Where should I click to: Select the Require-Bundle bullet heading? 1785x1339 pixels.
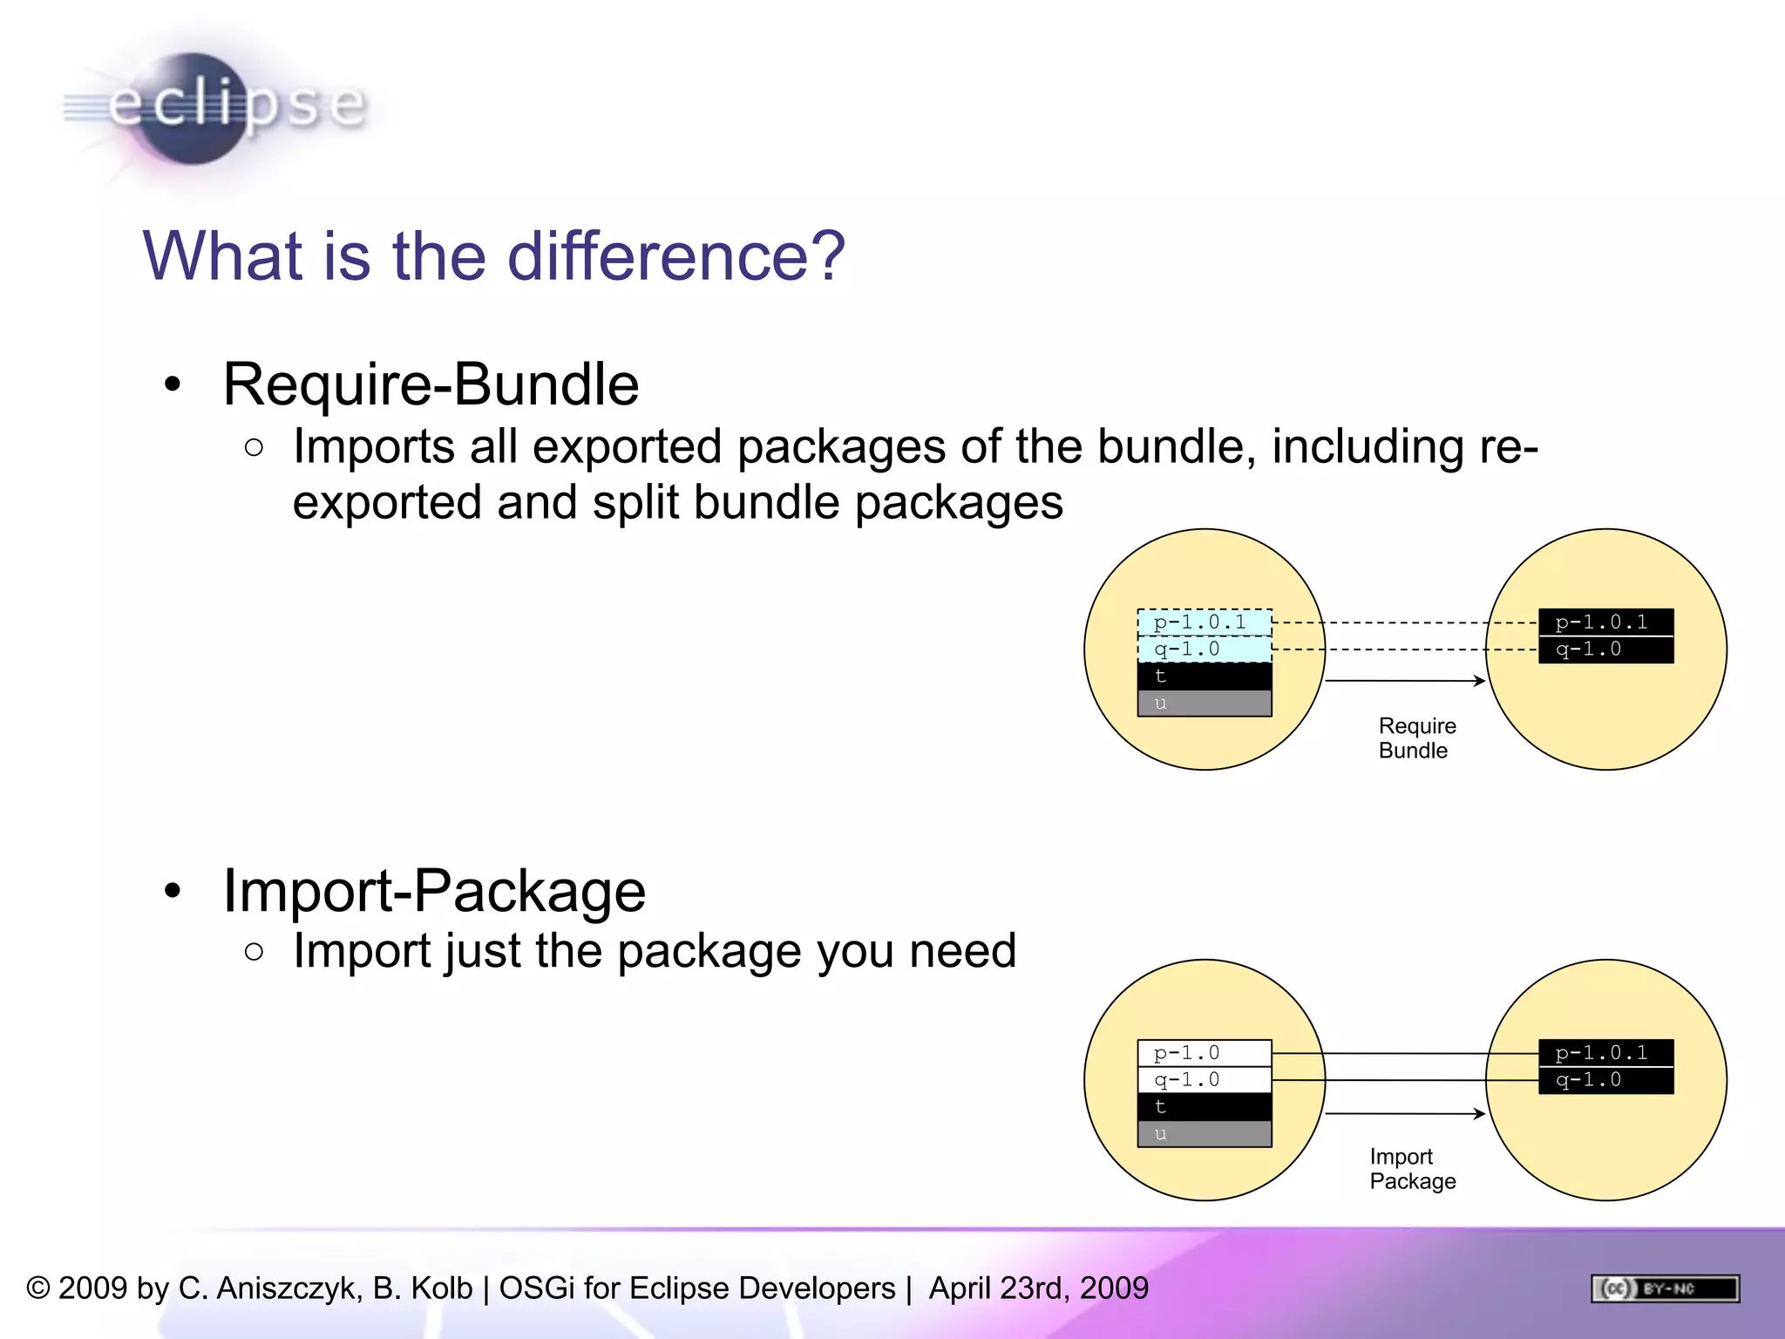click(x=431, y=384)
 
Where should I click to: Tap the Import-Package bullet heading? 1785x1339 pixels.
click(x=434, y=891)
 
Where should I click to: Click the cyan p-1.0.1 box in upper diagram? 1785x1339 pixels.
click(x=1205, y=622)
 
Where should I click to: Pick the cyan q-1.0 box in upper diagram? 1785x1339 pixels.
click(x=1205, y=649)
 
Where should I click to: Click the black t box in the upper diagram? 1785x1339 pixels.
click(x=1205, y=676)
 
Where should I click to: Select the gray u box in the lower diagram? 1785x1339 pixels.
click(x=1205, y=1134)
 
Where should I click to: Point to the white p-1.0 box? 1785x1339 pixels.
click(x=1205, y=1053)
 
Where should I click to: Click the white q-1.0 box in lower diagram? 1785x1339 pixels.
click(x=1205, y=1080)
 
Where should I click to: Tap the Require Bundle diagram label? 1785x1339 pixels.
click(x=1416, y=738)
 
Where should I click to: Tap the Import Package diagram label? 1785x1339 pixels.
click(x=1412, y=1169)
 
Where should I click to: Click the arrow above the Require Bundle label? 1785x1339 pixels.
click(x=1405, y=680)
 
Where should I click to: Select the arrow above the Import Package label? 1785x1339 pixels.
click(x=1405, y=1113)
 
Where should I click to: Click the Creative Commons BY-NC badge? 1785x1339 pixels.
click(x=1665, y=1288)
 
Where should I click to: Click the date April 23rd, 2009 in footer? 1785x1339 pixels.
click(x=1038, y=1288)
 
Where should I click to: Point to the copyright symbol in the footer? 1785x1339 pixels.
click(x=38, y=1288)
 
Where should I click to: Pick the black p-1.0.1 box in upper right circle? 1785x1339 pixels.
click(x=1605, y=622)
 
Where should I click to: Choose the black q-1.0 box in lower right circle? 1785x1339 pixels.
click(x=1605, y=1080)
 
